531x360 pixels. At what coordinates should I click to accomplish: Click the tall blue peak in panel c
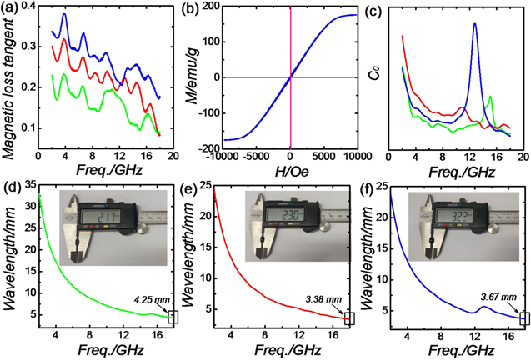click(x=474, y=25)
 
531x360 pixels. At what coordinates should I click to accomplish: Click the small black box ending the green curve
click(x=173, y=317)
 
